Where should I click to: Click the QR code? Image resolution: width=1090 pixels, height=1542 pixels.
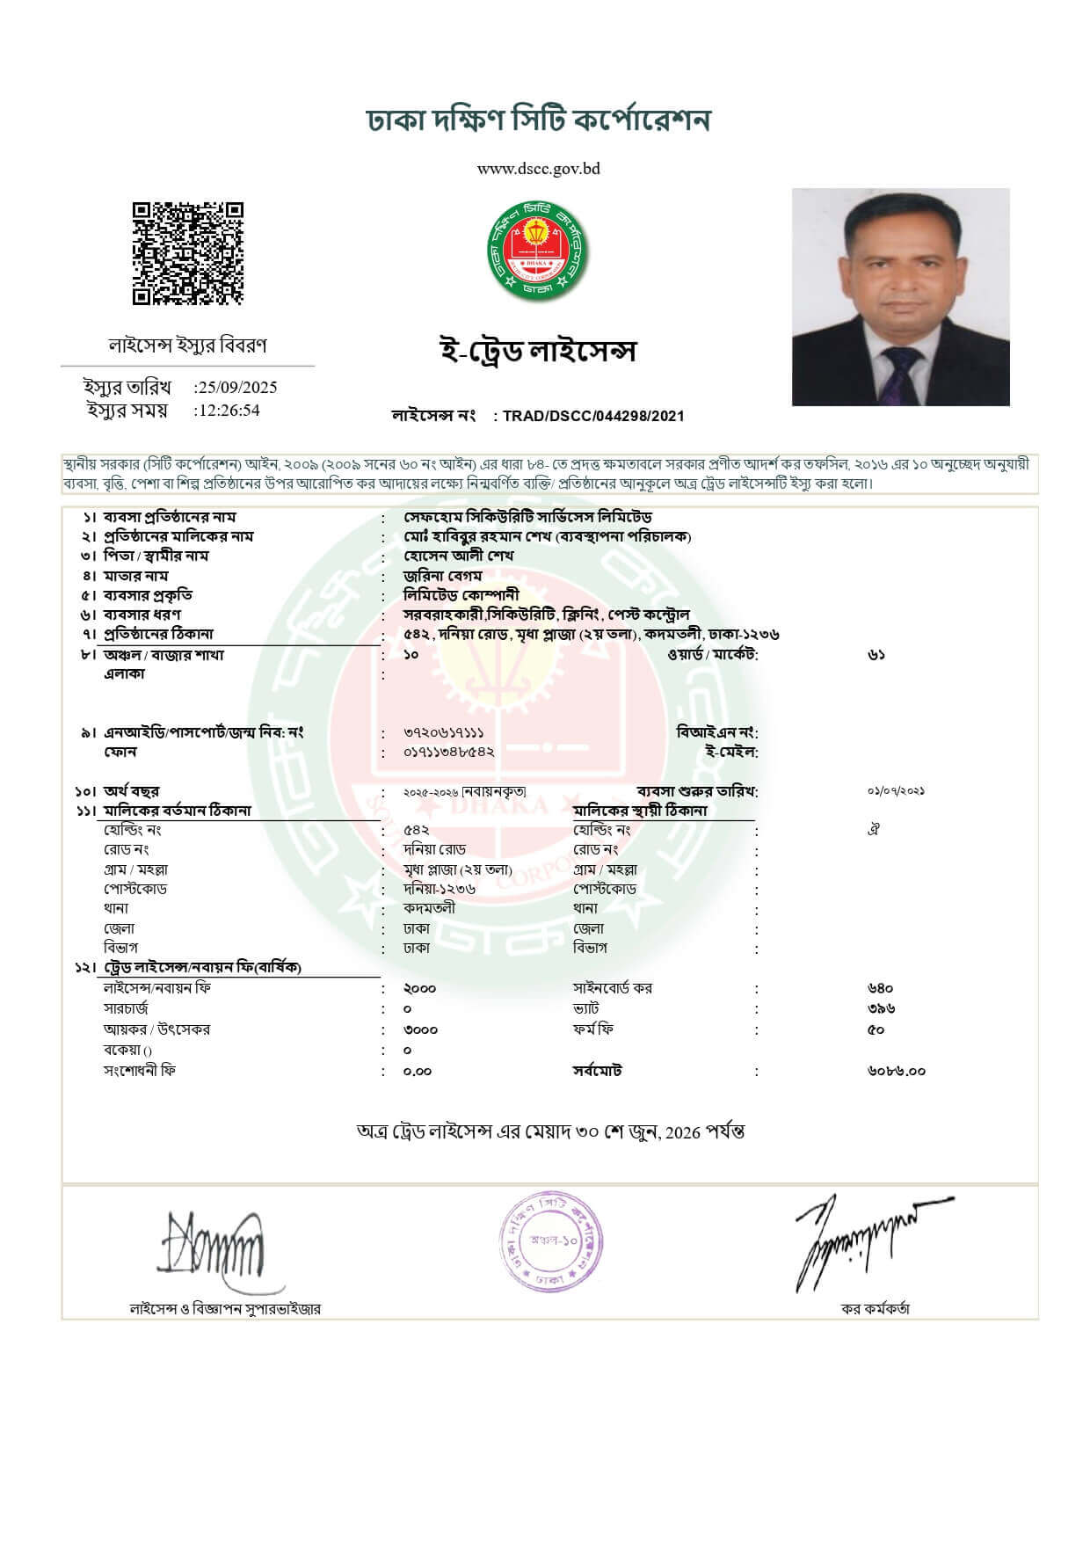tap(187, 254)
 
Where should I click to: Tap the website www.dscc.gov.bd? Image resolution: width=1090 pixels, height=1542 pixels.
tap(538, 169)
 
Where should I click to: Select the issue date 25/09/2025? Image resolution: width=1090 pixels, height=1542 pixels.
tap(236, 387)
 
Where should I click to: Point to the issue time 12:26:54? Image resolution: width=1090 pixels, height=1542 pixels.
tap(228, 411)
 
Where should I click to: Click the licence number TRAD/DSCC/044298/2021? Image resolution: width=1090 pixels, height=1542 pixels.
tap(593, 416)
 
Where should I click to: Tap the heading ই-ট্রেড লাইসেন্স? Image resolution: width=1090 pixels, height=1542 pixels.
tap(537, 351)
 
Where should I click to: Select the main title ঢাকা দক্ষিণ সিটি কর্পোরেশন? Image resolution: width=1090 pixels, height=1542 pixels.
tap(538, 120)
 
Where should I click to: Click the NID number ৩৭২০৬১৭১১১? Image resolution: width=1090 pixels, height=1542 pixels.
tap(444, 732)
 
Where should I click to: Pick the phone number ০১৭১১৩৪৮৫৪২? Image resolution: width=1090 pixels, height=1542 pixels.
tap(448, 753)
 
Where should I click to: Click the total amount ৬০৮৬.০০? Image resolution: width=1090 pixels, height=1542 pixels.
tap(896, 1071)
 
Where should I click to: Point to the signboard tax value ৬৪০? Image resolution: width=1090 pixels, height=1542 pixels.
tap(880, 988)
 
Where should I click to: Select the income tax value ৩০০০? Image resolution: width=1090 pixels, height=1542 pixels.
tap(420, 1029)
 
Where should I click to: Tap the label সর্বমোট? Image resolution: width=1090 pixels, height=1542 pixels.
tap(598, 1071)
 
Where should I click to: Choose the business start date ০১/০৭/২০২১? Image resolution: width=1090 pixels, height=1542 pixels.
tap(896, 791)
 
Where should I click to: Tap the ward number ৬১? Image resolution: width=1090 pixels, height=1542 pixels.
tap(876, 655)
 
